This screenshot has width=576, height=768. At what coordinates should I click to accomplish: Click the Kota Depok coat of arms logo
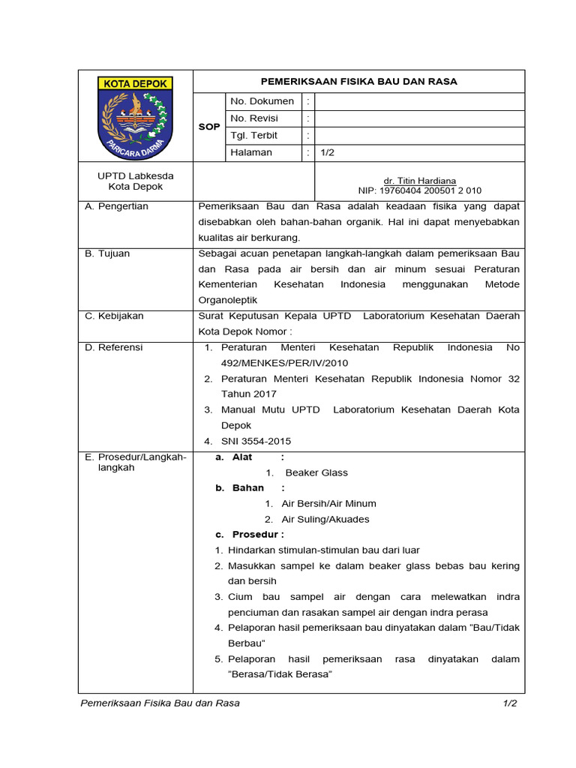pyautogui.click(x=136, y=117)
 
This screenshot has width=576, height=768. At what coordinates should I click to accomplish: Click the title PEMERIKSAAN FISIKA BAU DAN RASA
pyautogui.click(x=358, y=82)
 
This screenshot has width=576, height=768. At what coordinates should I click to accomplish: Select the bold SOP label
pyautogui.click(x=209, y=127)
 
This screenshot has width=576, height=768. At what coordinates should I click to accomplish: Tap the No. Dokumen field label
pyautogui.click(x=262, y=101)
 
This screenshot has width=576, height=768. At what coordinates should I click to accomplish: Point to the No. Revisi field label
pyautogui.click(x=254, y=118)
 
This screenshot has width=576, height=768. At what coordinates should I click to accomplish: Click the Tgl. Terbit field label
pyautogui.click(x=253, y=136)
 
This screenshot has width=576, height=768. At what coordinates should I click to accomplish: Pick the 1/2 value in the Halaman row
pyautogui.click(x=327, y=152)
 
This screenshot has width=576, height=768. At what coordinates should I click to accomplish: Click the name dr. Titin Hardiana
pyautogui.click(x=419, y=181)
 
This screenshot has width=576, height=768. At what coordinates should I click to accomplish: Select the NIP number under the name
pyautogui.click(x=419, y=190)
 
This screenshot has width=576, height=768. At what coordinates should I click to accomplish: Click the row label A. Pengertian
pyautogui.click(x=117, y=206)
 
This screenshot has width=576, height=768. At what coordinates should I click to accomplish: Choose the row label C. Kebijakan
pyautogui.click(x=114, y=316)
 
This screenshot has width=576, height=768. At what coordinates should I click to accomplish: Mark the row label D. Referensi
pyautogui.click(x=114, y=347)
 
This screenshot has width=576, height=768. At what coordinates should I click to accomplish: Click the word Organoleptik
pyautogui.click(x=228, y=300)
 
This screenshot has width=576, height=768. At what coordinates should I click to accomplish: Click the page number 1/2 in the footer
pyautogui.click(x=510, y=703)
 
